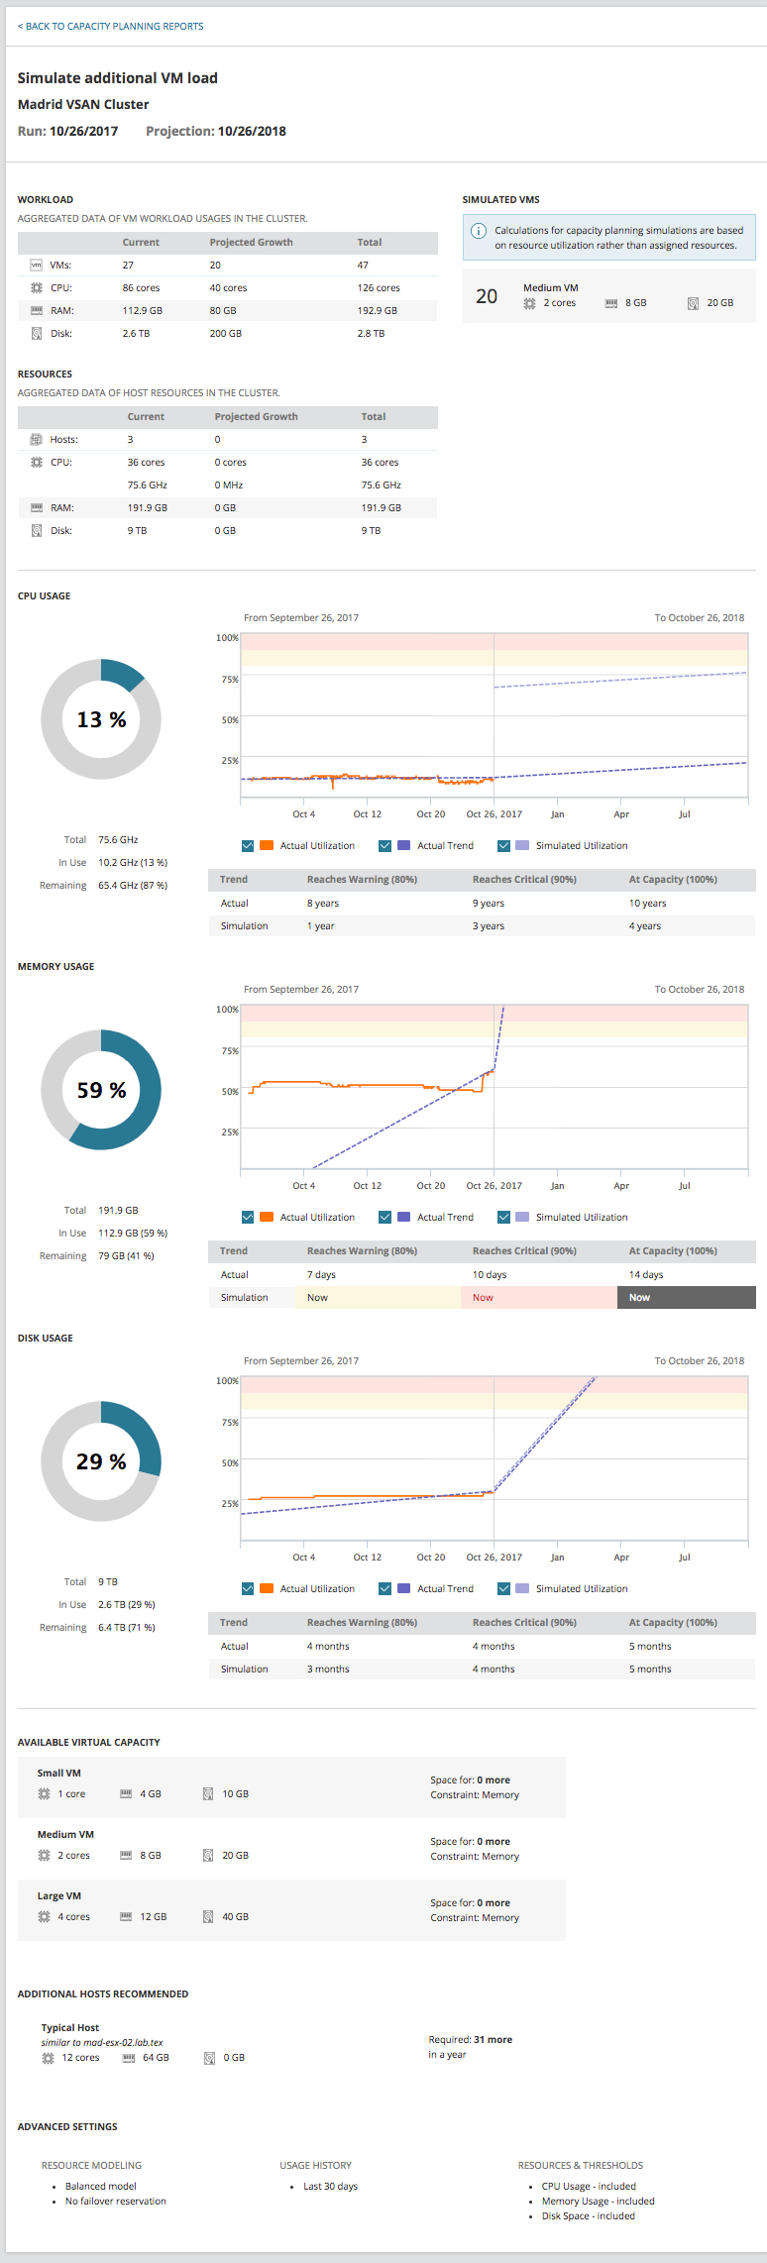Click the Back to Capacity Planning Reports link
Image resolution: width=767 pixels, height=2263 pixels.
point(110,27)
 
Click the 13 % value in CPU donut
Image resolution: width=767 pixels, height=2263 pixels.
point(101,720)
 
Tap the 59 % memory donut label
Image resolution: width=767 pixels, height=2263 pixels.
point(101,1091)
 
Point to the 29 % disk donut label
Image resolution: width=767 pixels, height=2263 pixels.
point(101,1462)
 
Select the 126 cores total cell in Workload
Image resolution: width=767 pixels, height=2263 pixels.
point(379,288)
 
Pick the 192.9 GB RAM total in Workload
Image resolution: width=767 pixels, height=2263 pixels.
point(378,311)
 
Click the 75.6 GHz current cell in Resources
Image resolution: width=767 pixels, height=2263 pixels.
point(147,485)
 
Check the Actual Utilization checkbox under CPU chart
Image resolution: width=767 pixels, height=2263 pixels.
point(248,846)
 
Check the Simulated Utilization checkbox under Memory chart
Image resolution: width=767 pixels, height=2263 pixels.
point(503,1218)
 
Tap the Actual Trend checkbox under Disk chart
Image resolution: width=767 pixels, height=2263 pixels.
point(384,1589)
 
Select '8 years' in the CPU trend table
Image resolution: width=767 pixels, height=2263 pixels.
point(323,904)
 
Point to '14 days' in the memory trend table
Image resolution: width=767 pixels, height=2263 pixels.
point(646,1275)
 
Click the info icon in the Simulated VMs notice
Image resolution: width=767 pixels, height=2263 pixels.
point(478,231)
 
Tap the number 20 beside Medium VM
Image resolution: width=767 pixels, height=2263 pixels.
point(487,296)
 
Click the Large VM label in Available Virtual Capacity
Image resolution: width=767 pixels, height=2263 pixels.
point(59,1896)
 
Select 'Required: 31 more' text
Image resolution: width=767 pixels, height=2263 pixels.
point(471,2040)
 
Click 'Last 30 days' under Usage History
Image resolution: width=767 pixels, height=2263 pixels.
point(330,2187)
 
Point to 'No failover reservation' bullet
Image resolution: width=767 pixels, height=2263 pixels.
point(116,2202)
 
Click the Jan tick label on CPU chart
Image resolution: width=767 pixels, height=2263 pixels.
point(558,814)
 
